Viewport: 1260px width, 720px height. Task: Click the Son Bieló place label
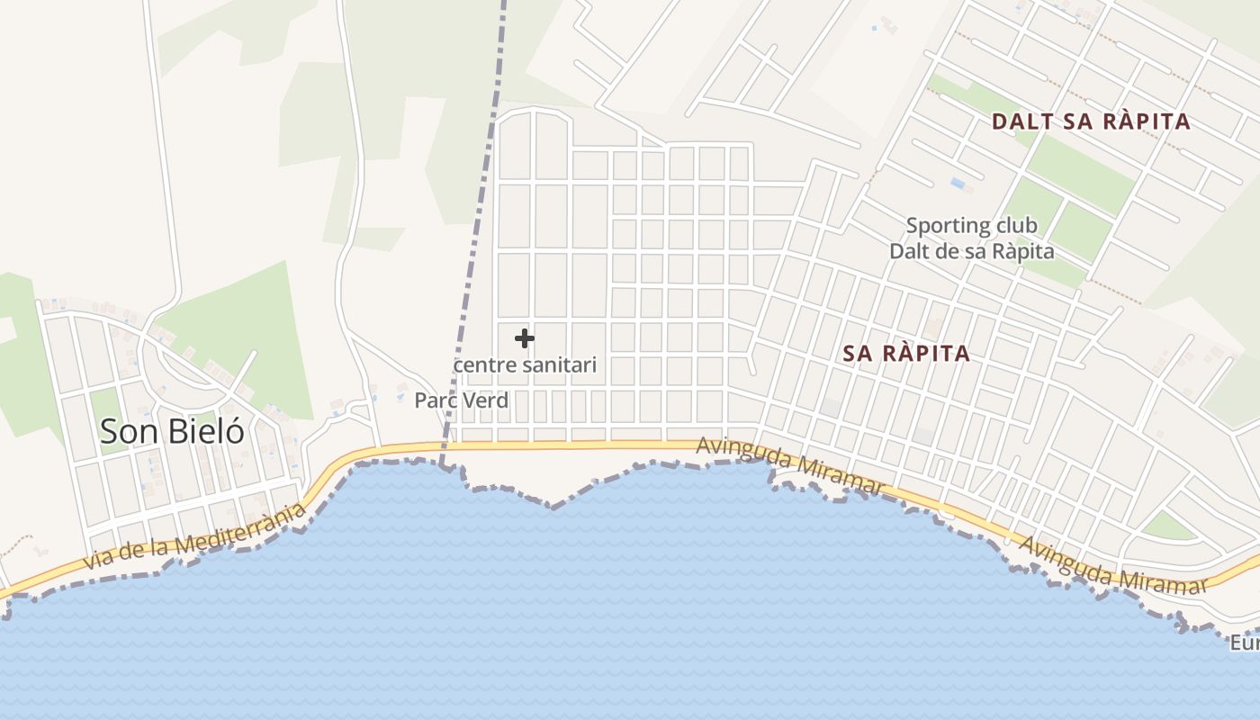pos(172,431)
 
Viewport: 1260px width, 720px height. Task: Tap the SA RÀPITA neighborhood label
pos(906,354)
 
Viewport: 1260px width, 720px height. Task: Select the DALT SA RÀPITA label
pos(1091,121)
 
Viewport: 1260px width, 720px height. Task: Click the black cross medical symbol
pos(525,338)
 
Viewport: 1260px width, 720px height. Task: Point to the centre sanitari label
pos(525,365)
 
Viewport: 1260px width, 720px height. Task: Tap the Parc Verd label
pos(461,400)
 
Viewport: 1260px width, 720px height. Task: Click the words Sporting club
pos(971,225)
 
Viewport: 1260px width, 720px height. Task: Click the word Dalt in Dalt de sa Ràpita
pos(912,251)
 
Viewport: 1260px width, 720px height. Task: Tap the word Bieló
pos(205,431)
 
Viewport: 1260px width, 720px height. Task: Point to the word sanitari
pos(563,365)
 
